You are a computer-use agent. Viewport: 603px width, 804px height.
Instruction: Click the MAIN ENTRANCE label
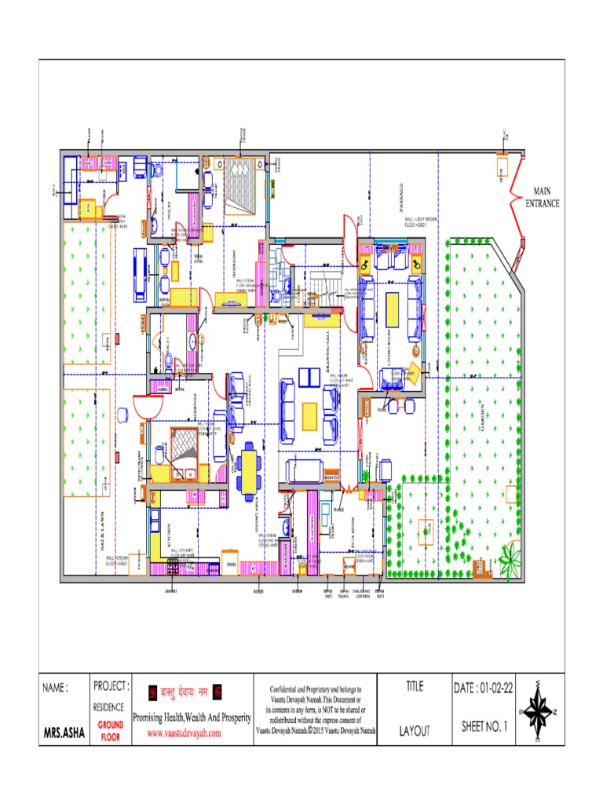(x=543, y=197)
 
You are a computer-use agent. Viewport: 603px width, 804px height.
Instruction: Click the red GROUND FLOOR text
(x=111, y=731)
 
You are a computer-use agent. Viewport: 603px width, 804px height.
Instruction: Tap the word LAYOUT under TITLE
(x=415, y=731)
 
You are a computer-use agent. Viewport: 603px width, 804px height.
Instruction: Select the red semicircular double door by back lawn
(x=145, y=406)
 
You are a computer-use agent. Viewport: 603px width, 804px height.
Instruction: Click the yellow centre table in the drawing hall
(x=310, y=415)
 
